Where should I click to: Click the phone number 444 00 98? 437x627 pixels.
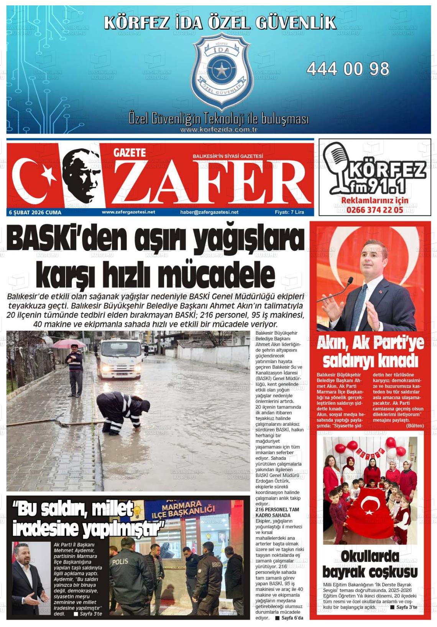[x=348, y=69]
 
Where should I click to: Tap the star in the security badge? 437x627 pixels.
[x=220, y=70]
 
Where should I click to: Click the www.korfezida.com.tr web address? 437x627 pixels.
[x=219, y=130]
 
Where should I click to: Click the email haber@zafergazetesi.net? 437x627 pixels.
[x=209, y=212]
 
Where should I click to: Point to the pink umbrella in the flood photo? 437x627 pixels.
[x=69, y=343]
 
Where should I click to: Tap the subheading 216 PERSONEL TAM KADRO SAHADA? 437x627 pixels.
[x=277, y=512]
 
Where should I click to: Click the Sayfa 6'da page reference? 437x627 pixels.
[x=292, y=618]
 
